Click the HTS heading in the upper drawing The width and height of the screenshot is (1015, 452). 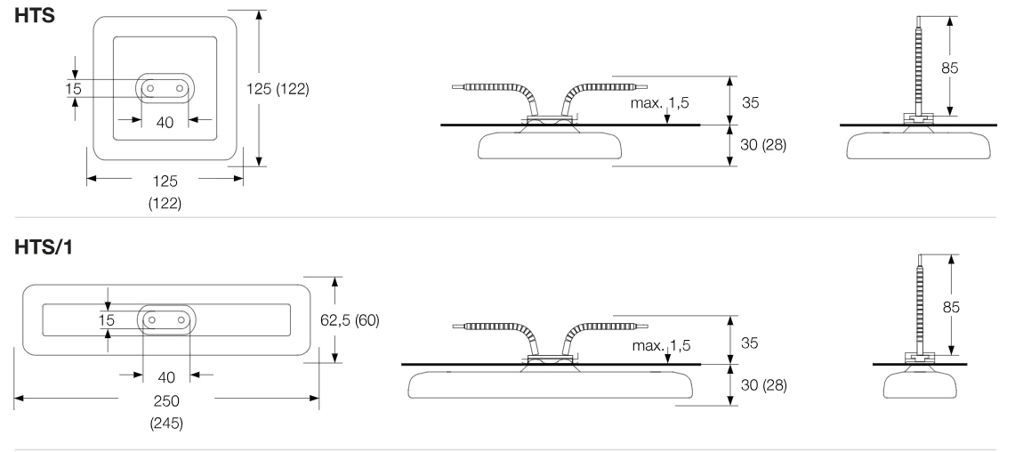click(35, 15)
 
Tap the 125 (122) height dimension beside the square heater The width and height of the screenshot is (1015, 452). click(278, 89)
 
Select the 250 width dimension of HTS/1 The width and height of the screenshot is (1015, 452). click(166, 401)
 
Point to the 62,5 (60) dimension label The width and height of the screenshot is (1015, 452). click(350, 320)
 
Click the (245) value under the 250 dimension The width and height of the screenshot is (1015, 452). click(166, 424)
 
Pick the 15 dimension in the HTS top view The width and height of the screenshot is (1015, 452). click(73, 89)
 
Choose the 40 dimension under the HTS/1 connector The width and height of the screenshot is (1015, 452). click(166, 377)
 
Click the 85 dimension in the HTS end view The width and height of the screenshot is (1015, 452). click(950, 68)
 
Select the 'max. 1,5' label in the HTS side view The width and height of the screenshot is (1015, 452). click(661, 102)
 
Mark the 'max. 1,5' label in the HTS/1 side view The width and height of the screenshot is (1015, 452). click(662, 345)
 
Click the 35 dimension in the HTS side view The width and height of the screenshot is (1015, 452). click(750, 102)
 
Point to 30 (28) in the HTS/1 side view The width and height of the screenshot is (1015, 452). click(764, 385)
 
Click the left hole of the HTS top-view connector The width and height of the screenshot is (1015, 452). click(150, 87)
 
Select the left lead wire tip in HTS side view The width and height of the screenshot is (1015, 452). click(454, 85)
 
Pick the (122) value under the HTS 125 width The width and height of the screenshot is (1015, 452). click(165, 204)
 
